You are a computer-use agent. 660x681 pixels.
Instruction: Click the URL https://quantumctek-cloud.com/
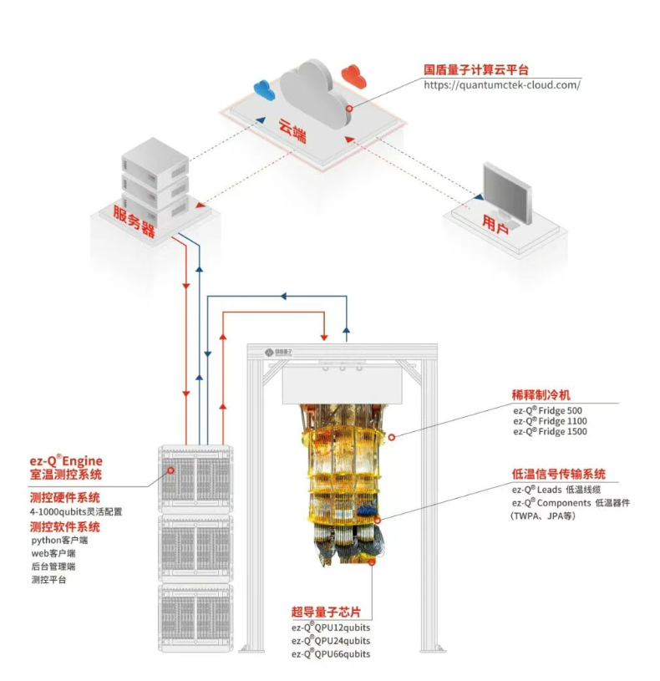(501, 84)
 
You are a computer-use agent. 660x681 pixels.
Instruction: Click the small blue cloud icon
(264, 87)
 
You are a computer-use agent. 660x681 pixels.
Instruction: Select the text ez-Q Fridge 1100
(549, 421)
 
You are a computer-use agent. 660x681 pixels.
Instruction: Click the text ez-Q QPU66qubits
(331, 653)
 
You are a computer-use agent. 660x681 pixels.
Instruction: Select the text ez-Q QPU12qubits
(331, 627)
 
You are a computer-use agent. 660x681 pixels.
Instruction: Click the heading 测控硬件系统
(64, 497)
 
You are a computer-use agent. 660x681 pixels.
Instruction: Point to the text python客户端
(59, 540)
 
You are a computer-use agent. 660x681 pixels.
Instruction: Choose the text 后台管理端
(53, 567)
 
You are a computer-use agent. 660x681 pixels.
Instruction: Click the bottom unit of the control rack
(195, 617)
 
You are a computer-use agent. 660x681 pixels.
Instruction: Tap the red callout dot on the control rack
(171, 470)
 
